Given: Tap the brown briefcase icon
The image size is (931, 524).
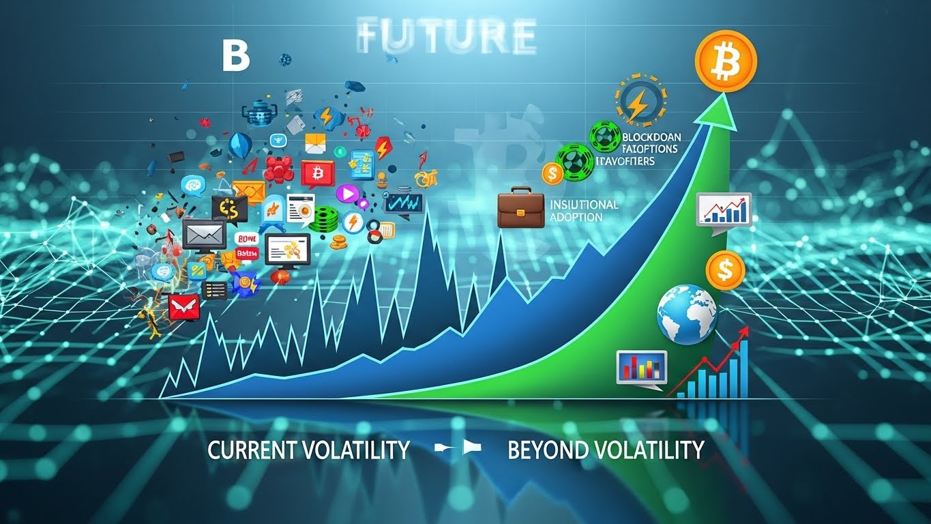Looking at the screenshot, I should click(520, 209).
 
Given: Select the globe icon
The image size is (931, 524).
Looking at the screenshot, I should click(687, 314).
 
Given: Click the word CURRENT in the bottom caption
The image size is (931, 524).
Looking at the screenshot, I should click(250, 450).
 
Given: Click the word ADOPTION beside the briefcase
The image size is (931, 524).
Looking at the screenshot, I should click(576, 217).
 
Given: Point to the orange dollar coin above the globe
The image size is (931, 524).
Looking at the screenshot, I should click(725, 270).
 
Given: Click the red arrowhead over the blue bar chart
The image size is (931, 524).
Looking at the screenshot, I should click(743, 331).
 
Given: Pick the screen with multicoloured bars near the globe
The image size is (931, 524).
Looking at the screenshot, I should click(641, 368).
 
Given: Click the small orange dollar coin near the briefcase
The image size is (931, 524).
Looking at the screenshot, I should click(552, 173).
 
